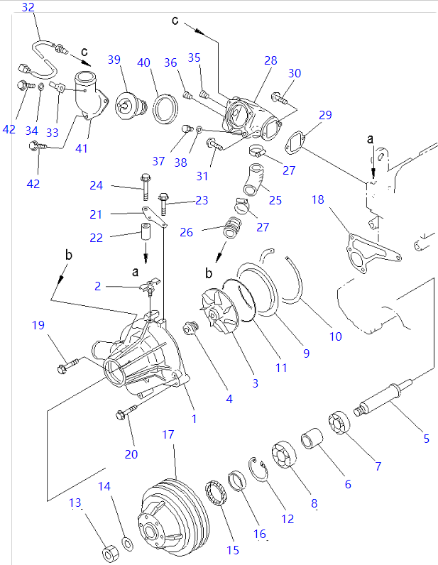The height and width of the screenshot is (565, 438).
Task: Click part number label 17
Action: tap(168, 434)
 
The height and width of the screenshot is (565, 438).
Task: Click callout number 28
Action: tap(270, 61)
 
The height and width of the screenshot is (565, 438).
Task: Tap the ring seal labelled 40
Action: tap(166, 107)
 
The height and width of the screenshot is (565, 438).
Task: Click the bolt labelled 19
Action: tap(67, 366)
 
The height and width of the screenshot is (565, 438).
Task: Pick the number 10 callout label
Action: tap(335, 336)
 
